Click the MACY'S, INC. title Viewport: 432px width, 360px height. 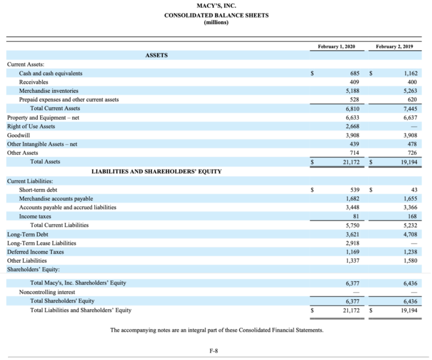click(x=216, y=6)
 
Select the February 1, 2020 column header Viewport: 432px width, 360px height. click(x=336, y=46)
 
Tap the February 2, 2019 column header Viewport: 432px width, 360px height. click(x=394, y=46)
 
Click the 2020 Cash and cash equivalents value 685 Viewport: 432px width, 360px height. click(x=354, y=74)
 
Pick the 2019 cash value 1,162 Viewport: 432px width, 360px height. click(x=408, y=74)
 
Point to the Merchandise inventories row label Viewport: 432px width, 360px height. click(x=49, y=91)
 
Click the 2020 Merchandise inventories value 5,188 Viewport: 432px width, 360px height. click(x=352, y=91)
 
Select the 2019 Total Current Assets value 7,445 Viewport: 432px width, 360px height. click(x=408, y=109)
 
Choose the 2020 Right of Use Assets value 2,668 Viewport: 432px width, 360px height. click(x=352, y=127)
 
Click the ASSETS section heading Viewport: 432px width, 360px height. click(x=156, y=55)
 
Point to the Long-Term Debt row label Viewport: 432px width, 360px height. click(x=28, y=234)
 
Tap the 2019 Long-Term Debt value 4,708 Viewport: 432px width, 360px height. click(x=408, y=234)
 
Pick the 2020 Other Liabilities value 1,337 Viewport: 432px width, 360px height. click(x=352, y=260)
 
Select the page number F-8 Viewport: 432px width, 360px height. click(x=213, y=352)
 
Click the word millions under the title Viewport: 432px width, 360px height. click(x=216, y=22)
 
